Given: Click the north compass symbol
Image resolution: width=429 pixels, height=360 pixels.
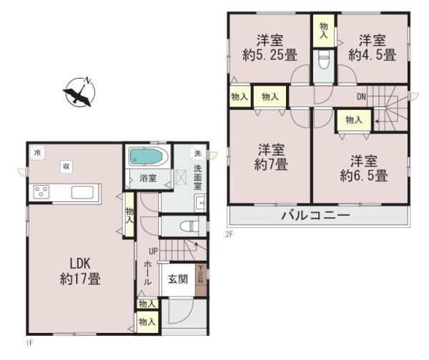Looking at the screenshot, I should click(81, 92).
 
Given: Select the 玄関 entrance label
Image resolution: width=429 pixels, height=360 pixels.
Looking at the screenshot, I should click(177, 279).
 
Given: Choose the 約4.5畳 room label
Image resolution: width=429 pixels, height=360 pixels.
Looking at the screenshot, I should click(373, 47).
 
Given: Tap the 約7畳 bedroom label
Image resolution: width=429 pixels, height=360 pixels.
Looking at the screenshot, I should click(272, 158).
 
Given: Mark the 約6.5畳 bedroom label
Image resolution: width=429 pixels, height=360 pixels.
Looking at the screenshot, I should click(368, 167).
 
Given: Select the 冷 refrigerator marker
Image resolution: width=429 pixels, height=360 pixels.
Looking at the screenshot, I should click(35, 151).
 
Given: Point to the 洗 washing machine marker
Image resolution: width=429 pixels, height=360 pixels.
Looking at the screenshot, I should click(198, 154).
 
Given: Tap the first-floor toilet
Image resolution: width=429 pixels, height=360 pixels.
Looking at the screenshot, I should click(187, 226).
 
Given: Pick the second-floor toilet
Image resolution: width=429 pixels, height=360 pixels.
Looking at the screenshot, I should click(322, 60).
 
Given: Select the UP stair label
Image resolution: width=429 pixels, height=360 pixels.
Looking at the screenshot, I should click(153, 251).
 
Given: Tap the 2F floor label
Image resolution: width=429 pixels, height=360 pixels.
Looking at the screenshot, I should click(229, 232).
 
